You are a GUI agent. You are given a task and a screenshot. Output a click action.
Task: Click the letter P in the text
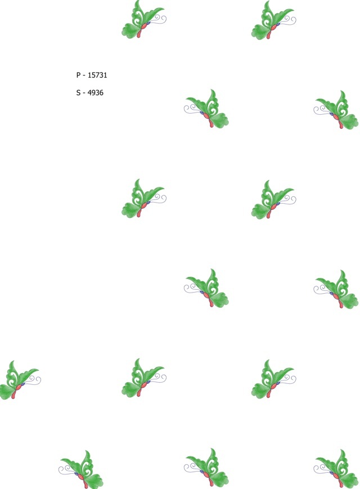point(78,75)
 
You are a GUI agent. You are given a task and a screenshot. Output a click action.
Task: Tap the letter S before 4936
point(78,93)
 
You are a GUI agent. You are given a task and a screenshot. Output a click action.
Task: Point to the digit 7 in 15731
point(97,75)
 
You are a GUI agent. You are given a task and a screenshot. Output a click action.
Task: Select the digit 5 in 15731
point(93,75)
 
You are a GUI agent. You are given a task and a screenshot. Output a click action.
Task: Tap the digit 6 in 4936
point(101,93)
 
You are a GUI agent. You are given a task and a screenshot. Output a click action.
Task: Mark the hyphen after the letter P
point(84,76)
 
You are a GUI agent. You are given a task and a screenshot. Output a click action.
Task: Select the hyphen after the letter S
point(84,93)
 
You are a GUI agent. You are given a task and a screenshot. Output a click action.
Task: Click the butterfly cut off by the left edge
point(20,380)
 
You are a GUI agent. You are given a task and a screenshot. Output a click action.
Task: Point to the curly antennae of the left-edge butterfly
point(33,380)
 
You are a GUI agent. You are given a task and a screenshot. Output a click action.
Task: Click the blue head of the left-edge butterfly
point(22,384)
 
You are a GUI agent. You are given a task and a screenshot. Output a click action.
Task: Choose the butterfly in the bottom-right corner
point(336,469)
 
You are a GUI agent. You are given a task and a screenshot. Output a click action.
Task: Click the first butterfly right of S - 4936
point(206,109)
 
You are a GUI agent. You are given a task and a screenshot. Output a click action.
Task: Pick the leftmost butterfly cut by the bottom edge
point(81,469)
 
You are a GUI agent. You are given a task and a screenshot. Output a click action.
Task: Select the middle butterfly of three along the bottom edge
point(206,468)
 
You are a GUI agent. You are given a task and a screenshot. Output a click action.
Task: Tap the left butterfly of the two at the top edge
point(143,19)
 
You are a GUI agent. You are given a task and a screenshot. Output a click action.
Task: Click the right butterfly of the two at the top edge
point(274,20)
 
